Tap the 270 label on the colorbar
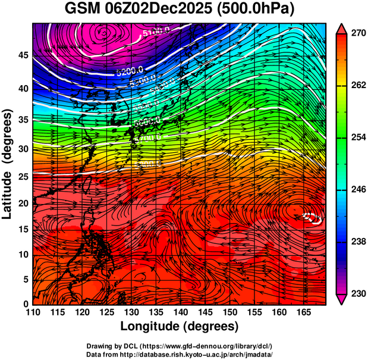(357, 33)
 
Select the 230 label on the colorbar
(357, 293)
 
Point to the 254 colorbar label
(357, 137)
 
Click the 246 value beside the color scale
(357, 189)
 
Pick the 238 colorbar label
(357, 242)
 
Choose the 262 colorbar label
(357, 85)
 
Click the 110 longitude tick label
(33, 312)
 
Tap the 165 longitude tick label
(302, 312)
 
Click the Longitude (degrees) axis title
(180, 326)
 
